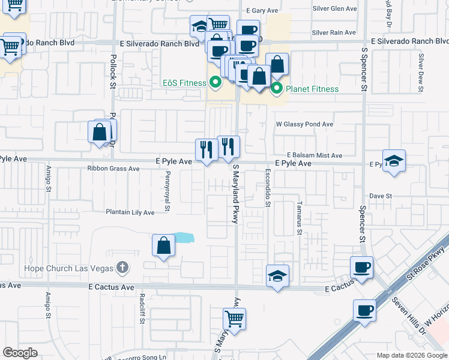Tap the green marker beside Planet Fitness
click(x=277, y=89)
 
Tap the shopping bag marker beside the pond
click(x=164, y=245)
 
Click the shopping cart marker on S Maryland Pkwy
click(x=235, y=318)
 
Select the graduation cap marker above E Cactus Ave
click(x=277, y=276)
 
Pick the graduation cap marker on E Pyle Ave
click(x=394, y=161)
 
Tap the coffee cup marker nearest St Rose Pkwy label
click(x=362, y=267)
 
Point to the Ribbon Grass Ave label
click(x=113, y=169)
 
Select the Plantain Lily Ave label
click(x=130, y=212)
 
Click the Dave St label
click(x=380, y=196)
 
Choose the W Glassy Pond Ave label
click(x=304, y=124)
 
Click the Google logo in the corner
click(x=20, y=353)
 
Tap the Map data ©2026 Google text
click(x=412, y=355)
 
